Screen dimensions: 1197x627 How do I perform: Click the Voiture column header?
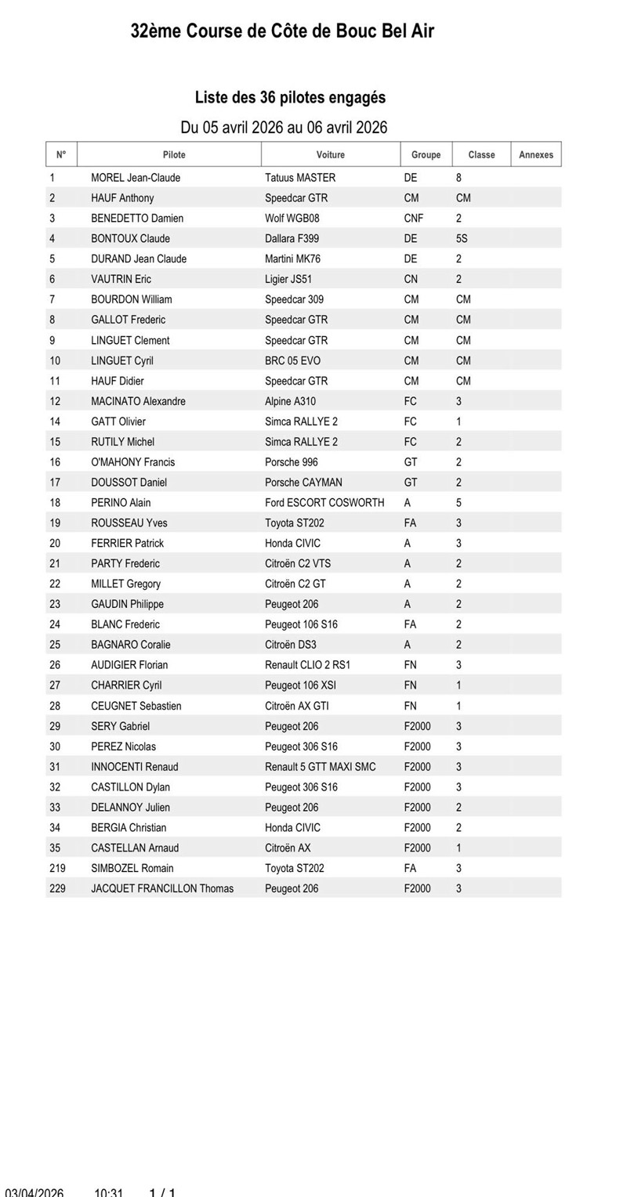point(330,155)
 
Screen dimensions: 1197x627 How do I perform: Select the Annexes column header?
point(536,155)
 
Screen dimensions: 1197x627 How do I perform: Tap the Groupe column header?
point(426,155)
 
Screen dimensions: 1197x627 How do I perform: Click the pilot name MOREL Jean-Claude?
point(136,178)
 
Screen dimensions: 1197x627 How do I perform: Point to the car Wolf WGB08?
point(292,219)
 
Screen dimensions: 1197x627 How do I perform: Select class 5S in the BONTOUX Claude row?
point(462,239)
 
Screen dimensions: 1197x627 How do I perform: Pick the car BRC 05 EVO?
point(292,361)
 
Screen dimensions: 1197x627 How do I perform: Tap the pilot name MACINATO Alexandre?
point(138,402)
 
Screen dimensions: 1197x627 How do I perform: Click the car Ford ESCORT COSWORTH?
point(324,503)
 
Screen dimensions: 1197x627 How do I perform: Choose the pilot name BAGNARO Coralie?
point(130,646)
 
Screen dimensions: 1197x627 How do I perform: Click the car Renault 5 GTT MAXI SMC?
point(320,767)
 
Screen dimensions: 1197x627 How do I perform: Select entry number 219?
point(57,869)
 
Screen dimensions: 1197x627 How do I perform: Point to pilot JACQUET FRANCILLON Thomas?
point(162,889)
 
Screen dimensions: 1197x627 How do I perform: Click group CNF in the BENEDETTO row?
point(413,219)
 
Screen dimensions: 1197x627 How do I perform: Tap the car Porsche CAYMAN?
point(303,483)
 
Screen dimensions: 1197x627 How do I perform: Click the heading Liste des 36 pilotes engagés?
point(290,98)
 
